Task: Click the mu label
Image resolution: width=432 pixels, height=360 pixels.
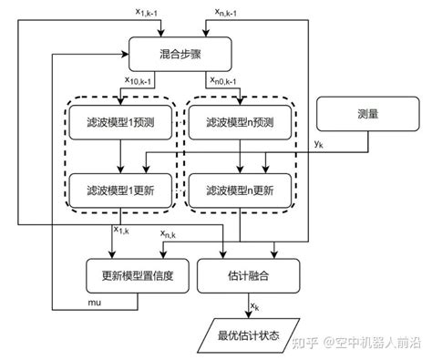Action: coord(94,299)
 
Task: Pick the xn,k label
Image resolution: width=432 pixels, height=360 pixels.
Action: coord(168,235)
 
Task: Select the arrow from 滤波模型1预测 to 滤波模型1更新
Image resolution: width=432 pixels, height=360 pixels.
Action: coord(121,157)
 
